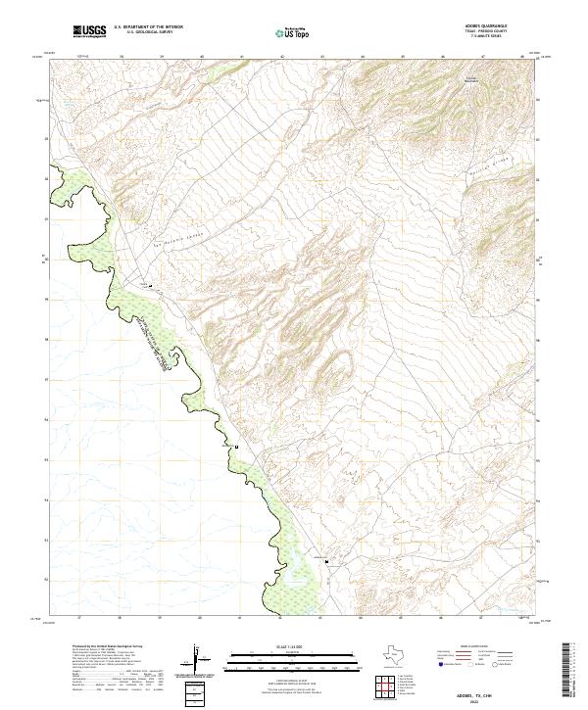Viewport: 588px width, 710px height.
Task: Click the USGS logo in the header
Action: click(x=89, y=31)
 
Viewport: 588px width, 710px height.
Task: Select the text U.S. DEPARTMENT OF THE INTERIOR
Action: click(x=148, y=27)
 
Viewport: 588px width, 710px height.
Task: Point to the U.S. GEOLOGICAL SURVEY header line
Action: click(x=148, y=33)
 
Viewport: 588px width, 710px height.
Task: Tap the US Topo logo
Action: click(x=293, y=32)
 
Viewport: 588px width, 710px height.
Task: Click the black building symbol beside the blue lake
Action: click(x=326, y=561)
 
